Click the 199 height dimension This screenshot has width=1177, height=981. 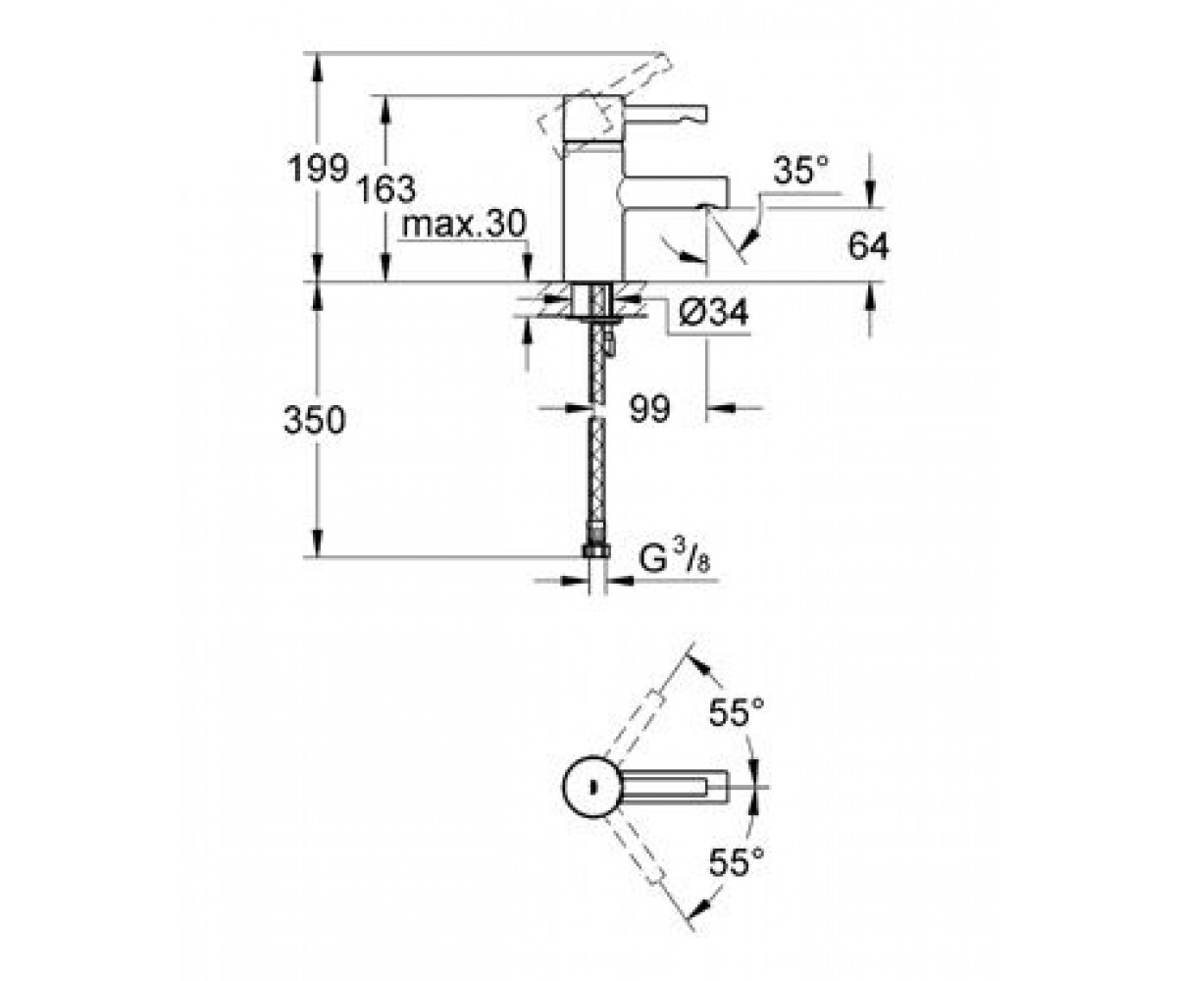(x=319, y=168)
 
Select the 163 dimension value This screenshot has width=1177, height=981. (x=386, y=188)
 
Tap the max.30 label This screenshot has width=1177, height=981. (x=464, y=224)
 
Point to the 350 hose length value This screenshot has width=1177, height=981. (x=314, y=421)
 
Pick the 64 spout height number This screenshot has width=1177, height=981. (x=869, y=246)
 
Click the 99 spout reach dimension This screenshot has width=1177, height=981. (x=650, y=408)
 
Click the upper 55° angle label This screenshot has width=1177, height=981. (x=737, y=712)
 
